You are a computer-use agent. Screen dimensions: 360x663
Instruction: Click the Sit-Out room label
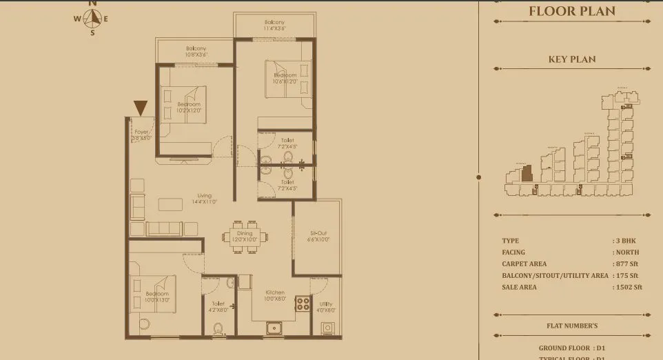point(319,236)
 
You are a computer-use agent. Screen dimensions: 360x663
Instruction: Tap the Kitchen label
point(274,295)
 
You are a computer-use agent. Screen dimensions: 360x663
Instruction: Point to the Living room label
point(205,199)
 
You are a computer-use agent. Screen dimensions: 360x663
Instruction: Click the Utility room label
point(326,306)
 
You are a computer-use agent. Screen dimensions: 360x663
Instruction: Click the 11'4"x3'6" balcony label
point(274,25)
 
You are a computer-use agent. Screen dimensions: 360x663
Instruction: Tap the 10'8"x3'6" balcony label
point(196,51)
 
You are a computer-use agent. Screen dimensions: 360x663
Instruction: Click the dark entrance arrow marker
point(141,108)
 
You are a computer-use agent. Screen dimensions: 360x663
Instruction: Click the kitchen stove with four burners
point(303,303)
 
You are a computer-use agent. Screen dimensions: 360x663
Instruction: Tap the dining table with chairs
point(244,235)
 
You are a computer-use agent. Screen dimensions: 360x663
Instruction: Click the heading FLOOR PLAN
point(572,11)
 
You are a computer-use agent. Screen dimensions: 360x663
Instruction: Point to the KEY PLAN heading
point(572,59)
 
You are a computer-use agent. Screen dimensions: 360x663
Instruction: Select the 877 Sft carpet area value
point(628,263)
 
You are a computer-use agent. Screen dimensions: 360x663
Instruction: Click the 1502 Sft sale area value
point(629,287)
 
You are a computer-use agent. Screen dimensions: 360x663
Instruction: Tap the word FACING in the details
point(514,252)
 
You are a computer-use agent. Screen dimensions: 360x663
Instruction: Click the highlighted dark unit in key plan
point(527,173)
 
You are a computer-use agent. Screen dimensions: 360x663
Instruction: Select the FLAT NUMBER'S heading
point(572,326)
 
